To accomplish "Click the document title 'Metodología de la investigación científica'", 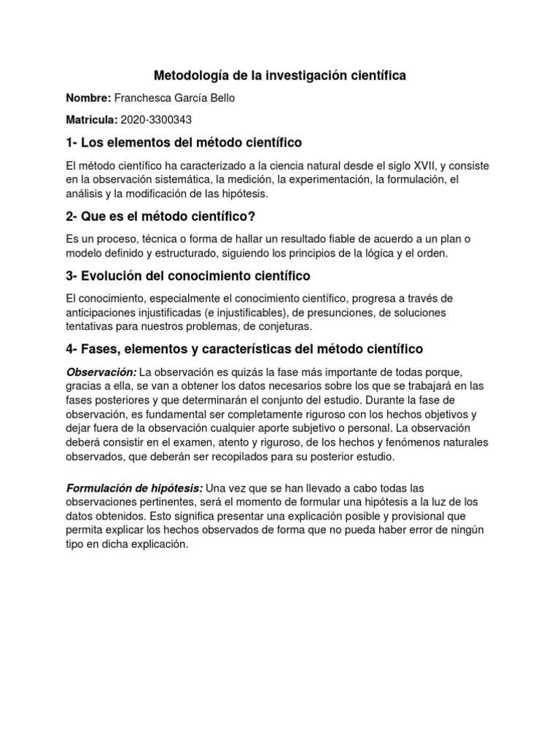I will [280, 75].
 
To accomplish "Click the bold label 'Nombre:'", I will [88, 98].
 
